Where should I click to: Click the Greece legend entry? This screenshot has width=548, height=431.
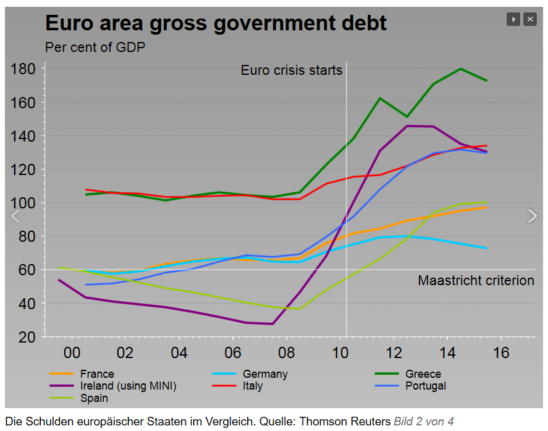coord(423,374)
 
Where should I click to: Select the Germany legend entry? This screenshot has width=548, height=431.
coord(265,374)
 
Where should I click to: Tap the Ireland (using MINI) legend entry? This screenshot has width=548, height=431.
coord(128,386)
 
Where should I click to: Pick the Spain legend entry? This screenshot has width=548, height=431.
coord(94,398)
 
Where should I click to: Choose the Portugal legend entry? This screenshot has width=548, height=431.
coord(425,386)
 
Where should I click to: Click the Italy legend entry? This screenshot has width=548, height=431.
coord(252,386)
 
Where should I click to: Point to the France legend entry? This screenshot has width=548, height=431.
coord(97,374)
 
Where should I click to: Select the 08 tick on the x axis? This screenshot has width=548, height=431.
coord(287,353)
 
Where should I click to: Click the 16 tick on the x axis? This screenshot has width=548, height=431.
coord(501,353)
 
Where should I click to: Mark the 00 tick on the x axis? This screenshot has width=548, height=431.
coord(72,353)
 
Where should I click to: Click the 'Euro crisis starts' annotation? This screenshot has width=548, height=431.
coord(291,70)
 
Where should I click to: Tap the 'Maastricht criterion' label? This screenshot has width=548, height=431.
coord(476,281)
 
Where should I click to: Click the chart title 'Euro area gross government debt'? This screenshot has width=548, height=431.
coord(216,23)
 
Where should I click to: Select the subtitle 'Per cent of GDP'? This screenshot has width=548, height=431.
coord(95,47)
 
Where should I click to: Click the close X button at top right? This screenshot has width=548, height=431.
coord(529,20)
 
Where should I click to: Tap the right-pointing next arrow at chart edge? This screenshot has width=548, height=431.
coord(532,216)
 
